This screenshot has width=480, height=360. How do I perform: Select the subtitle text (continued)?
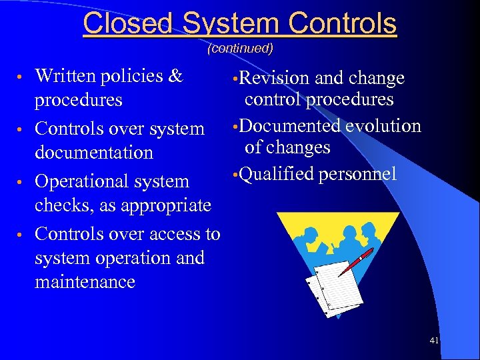pos(240,48)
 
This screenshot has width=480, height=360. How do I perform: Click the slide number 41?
pos(434,341)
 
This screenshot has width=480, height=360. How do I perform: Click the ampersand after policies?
pos(175,75)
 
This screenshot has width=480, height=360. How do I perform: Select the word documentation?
pos(93,152)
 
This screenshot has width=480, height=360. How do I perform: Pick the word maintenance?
pos(85,281)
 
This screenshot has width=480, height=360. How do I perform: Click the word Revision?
pos(273,79)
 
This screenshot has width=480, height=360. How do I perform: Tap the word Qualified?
pos(277,174)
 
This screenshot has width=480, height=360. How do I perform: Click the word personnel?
pos(358,174)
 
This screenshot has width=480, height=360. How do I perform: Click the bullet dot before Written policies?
pos(24,77)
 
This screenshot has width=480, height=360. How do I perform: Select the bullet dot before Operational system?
pos(24,182)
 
